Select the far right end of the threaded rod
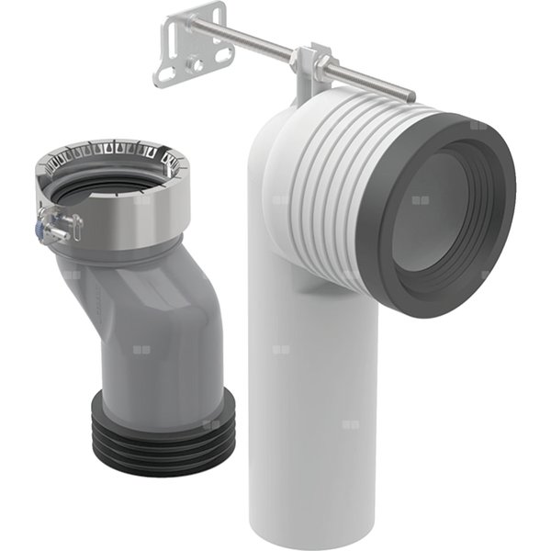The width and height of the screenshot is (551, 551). point(408,94)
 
